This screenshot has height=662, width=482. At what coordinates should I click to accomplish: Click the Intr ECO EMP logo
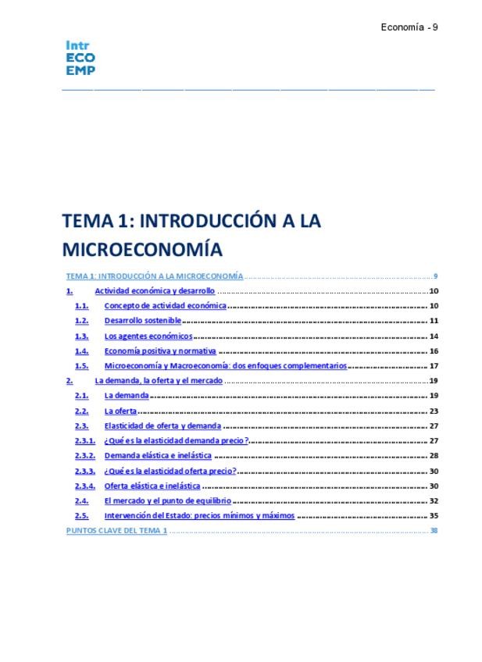(80, 59)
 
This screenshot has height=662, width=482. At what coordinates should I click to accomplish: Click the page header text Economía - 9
(409, 27)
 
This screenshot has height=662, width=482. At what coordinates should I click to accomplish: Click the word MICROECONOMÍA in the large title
(142, 249)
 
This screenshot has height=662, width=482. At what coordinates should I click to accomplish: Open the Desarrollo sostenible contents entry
(142, 321)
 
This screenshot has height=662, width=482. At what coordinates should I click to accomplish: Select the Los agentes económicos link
(148, 336)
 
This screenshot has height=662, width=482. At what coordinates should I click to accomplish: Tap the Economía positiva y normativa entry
(160, 351)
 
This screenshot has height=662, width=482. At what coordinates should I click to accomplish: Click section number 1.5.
(81, 366)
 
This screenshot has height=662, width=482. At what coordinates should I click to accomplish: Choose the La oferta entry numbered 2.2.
(120, 411)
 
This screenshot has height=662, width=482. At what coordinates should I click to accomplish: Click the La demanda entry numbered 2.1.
(126, 396)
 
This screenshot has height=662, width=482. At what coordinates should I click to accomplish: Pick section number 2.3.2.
(84, 456)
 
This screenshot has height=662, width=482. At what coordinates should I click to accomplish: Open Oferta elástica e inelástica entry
(152, 486)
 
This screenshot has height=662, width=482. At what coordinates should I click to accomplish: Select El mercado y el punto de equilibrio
(167, 501)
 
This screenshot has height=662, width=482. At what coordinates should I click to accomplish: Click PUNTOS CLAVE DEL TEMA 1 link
(116, 531)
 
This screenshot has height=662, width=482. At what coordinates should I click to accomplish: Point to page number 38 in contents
(434, 531)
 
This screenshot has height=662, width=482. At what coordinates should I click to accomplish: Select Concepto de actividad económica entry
(165, 306)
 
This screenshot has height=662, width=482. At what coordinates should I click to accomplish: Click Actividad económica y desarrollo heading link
(154, 291)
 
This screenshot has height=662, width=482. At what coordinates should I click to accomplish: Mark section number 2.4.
(81, 501)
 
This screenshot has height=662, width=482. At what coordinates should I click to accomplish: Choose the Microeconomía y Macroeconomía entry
(225, 366)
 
